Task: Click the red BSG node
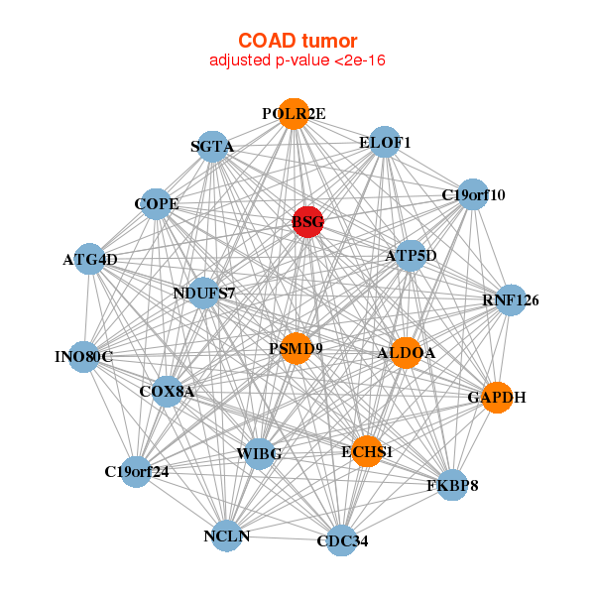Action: pos(307,223)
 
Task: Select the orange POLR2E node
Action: pos(293,114)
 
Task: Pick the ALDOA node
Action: pos(406,352)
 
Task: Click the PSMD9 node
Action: pos(296,348)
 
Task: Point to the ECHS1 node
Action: pos(367,451)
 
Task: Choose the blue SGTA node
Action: pos(213,147)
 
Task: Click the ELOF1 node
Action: pos(384,142)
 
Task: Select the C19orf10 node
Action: pos(473,194)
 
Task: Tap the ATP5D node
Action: pos(411,256)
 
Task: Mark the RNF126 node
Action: pos(510,299)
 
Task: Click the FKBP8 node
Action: pos(452,485)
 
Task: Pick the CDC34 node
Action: pos(341,540)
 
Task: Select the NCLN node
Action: pos(227,535)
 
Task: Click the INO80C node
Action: pos(84,356)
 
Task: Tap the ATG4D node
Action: pos(90,260)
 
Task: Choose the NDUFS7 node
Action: pos(204,293)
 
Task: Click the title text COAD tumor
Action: pos(297,40)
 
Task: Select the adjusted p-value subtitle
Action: pos(297,60)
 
